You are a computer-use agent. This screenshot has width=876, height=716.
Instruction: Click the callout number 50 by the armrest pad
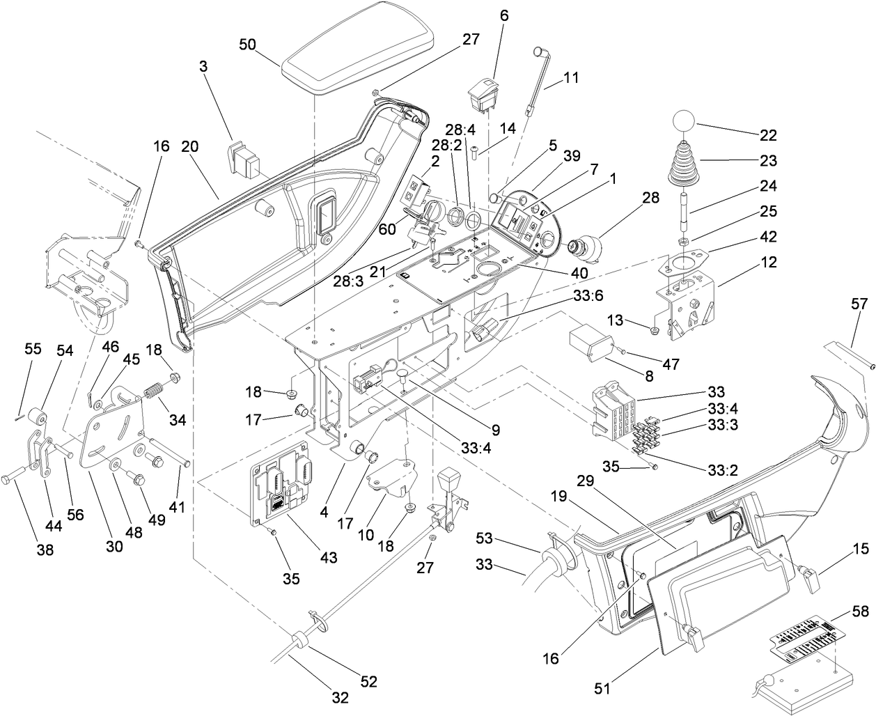point(248,44)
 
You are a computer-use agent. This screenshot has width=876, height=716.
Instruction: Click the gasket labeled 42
point(686,264)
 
